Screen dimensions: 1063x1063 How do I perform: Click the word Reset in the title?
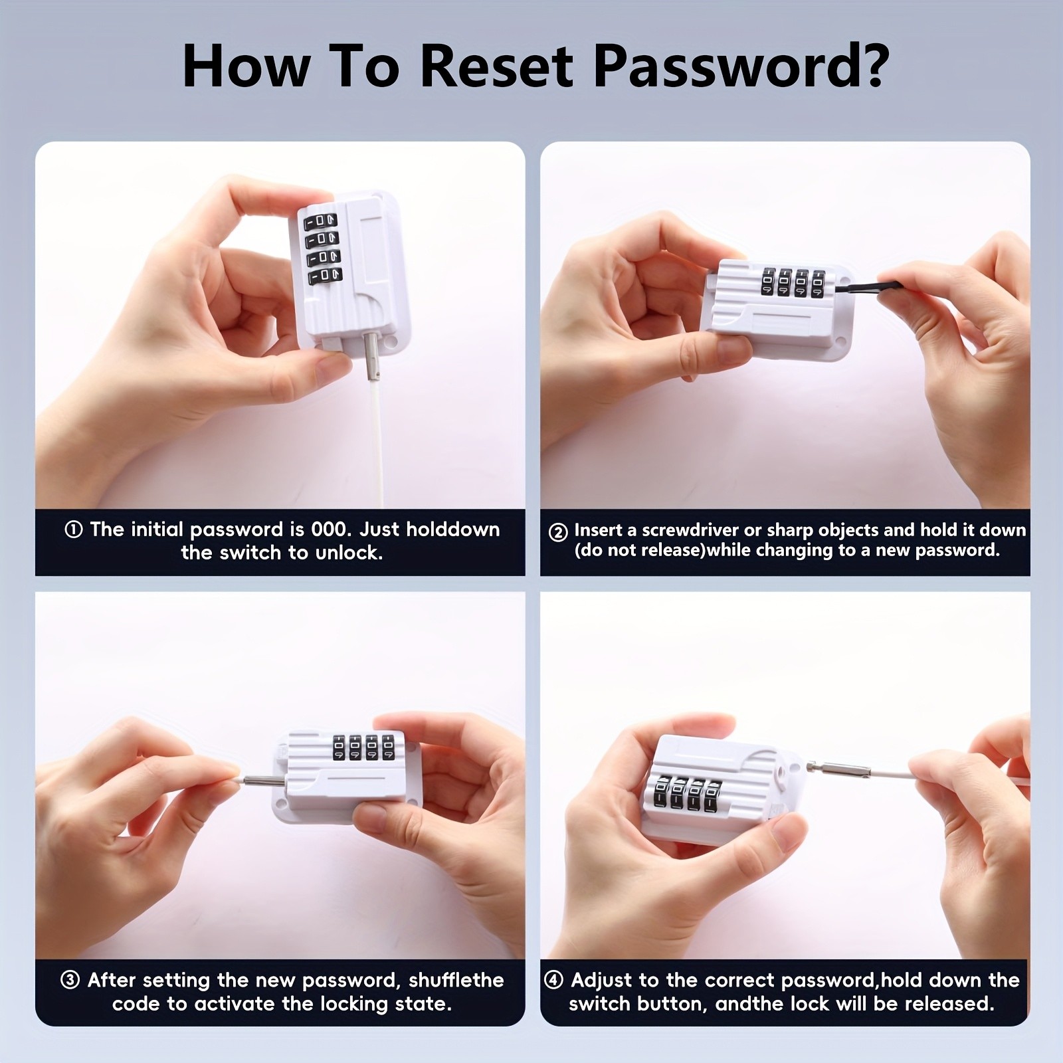[x=496, y=67]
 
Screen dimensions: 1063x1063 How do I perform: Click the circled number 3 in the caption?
[x=70, y=981]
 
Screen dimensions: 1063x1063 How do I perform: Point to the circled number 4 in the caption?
[x=553, y=981]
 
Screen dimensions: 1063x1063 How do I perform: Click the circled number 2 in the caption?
[x=558, y=532]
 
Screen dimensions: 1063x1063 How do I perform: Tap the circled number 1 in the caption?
[x=73, y=530]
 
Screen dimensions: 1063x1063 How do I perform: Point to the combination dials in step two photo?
[x=792, y=282]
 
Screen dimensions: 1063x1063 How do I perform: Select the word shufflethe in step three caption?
[x=456, y=981]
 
